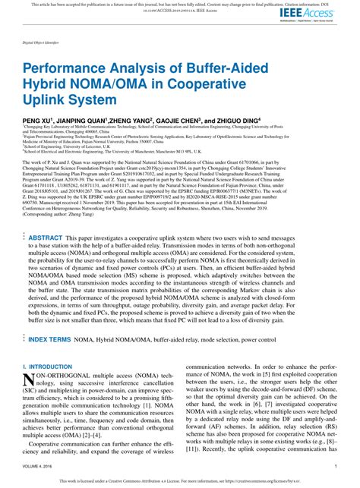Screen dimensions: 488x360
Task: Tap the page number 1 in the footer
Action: pos(335,465)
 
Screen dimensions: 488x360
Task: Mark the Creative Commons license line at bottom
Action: pos(179,481)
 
